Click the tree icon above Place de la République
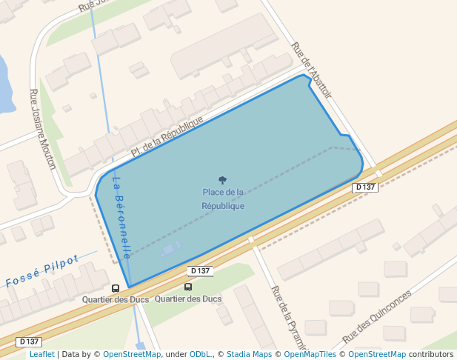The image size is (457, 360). [222, 180]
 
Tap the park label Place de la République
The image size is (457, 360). [223, 199]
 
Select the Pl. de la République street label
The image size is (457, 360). [167, 136]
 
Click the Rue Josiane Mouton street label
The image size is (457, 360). [42, 129]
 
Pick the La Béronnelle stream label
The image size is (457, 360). [122, 216]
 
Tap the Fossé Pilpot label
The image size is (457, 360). [41, 272]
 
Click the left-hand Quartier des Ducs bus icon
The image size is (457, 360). [115, 288]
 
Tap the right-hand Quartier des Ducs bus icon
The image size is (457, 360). [188, 287]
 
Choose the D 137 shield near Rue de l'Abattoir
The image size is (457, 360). [366, 187]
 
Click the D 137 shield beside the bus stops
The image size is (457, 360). [200, 271]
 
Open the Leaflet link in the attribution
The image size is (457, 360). [41, 354]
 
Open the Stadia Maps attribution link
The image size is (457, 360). [249, 354]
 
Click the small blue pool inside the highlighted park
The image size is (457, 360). [170, 249]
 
